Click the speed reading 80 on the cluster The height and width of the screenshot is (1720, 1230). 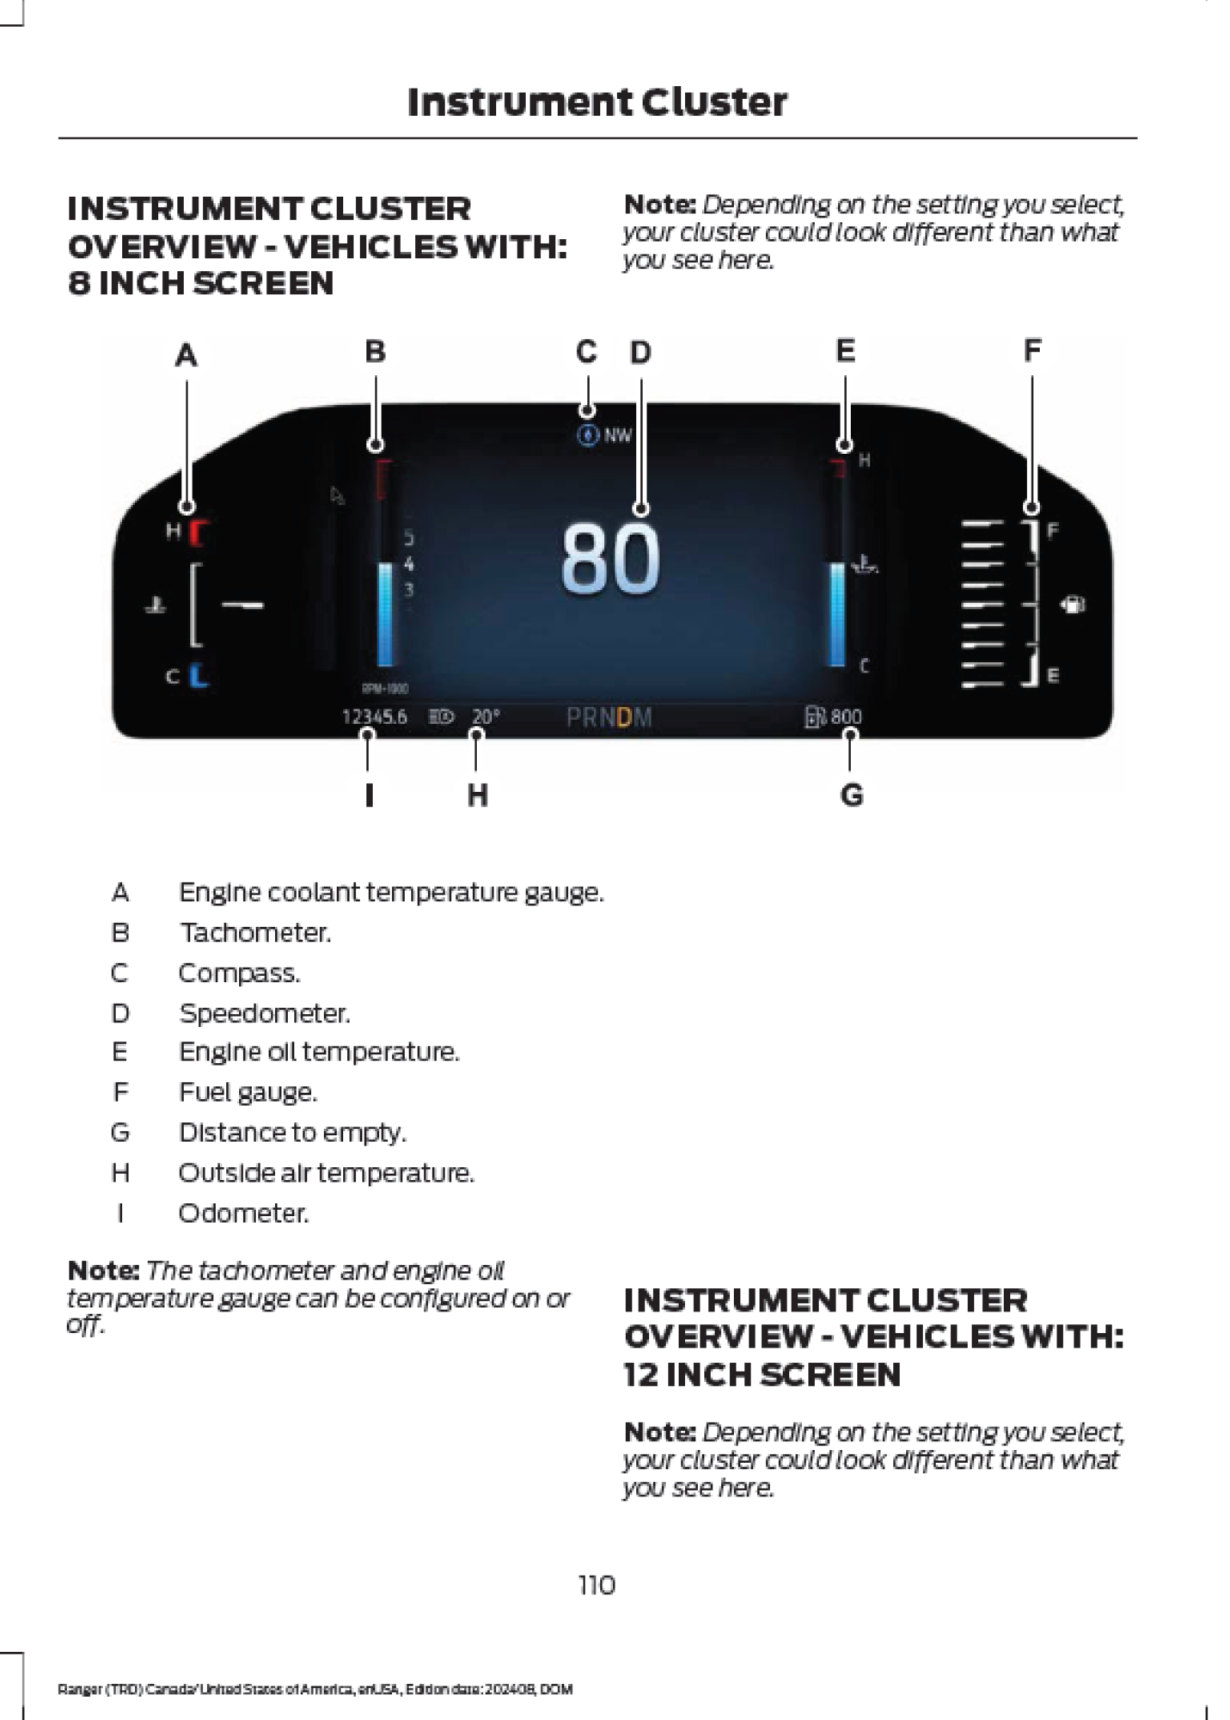(x=610, y=560)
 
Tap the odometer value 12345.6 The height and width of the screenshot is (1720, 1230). (x=374, y=716)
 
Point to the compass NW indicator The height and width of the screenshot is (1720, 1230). (x=605, y=435)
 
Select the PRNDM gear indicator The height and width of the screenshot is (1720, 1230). (x=609, y=717)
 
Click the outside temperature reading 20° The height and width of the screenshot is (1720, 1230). (x=486, y=716)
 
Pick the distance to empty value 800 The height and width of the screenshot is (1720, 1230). (x=845, y=716)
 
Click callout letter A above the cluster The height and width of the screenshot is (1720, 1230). (x=187, y=354)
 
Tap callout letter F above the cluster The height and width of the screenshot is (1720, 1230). (x=1032, y=351)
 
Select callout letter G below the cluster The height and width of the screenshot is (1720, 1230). (x=851, y=795)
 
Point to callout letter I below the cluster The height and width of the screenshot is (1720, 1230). (x=369, y=795)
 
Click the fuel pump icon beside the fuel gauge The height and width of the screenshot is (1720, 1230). (x=1073, y=604)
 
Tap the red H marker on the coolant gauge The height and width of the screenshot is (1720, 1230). (x=199, y=533)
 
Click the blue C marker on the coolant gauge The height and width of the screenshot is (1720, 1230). (x=199, y=675)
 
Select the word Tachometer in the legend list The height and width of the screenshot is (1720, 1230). (x=255, y=932)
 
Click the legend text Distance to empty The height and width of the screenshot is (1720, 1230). (x=292, y=1133)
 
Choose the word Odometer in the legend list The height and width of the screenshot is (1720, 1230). (x=243, y=1213)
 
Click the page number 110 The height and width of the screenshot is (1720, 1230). (x=597, y=1585)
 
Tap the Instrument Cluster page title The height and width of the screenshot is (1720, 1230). (x=597, y=102)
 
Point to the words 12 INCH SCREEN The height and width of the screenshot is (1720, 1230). (x=762, y=1374)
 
